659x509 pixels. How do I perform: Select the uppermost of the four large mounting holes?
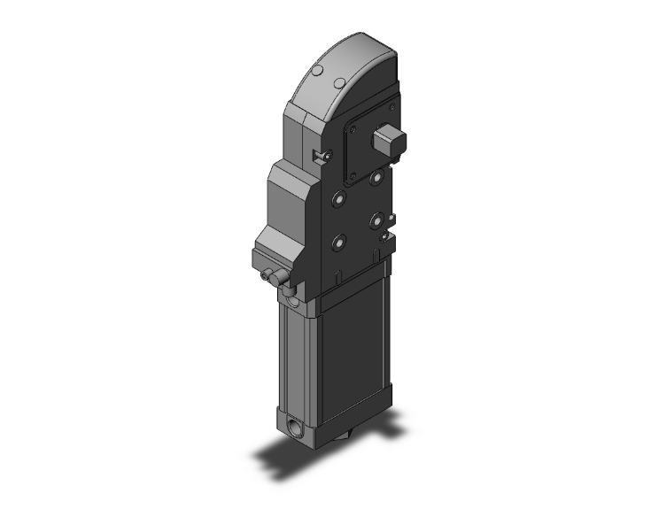coord(377,177)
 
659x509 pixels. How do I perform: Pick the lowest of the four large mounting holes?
coord(337,241)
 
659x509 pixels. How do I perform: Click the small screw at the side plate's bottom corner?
coord(384,236)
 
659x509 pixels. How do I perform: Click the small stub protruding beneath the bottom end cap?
coord(345,439)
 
